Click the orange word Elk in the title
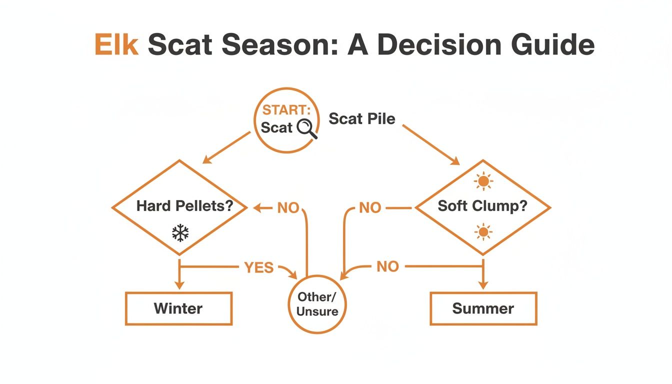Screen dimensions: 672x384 pyautogui.click(x=116, y=44)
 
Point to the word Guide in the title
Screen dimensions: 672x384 pyautogui.click(x=553, y=44)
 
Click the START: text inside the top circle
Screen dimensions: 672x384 pyautogui.click(x=286, y=110)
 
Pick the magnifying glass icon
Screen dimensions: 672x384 pyautogui.click(x=306, y=129)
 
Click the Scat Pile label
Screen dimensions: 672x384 pyautogui.click(x=362, y=118)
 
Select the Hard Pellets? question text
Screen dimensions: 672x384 pyautogui.click(x=185, y=206)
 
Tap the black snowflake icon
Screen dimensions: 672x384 pyautogui.click(x=180, y=233)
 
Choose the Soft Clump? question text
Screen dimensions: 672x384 pyautogui.click(x=482, y=206)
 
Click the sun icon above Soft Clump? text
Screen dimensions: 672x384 pyautogui.click(x=483, y=181)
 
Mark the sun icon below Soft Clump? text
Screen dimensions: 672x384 pyautogui.click(x=483, y=232)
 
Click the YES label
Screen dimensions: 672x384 pyautogui.click(x=259, y=267)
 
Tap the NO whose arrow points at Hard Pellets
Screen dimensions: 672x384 pyautogui.click(x=288, y=207)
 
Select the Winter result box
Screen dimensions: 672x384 pyautogui.click(x=179, y=308)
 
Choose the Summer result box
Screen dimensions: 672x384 pyautogui.click(x=483, y=308)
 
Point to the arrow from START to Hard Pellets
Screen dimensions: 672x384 pyautogui.click(x=226, y=147)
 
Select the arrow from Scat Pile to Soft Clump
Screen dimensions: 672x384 pyautogui.click(x=431, y=144)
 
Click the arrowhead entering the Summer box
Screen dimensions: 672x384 pyautogui.click(x=483, y=285)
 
